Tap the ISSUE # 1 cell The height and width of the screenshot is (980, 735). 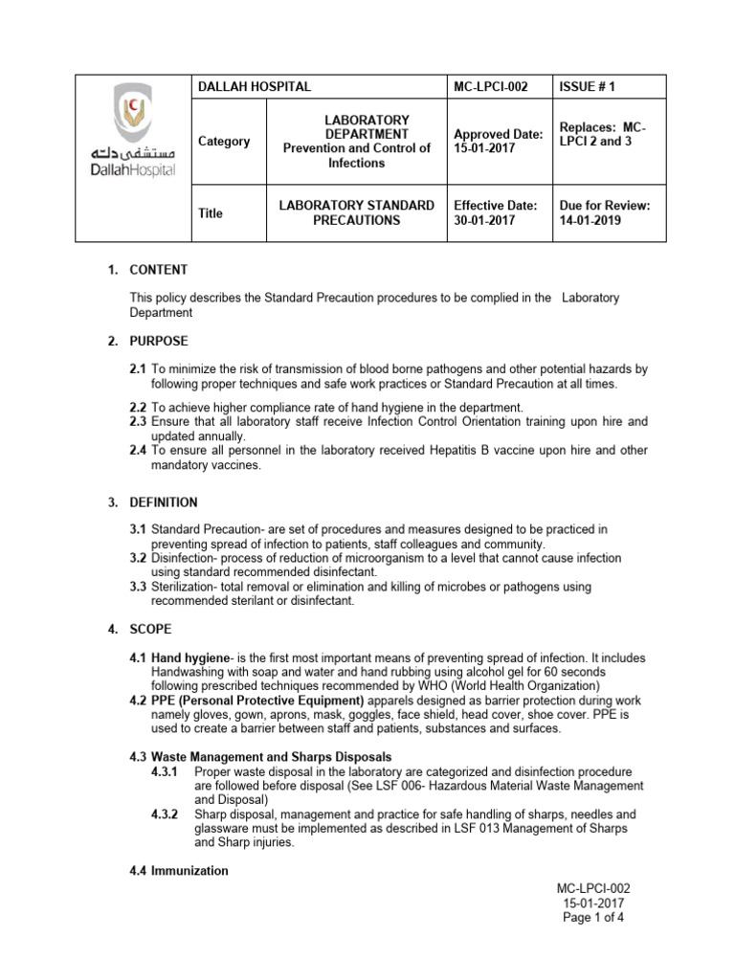[x=587, y=87]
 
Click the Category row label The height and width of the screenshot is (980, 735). [x=223, y=142]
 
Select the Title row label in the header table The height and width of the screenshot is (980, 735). [x=211, y=213]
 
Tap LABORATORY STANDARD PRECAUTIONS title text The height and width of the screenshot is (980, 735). [x=356, y=212]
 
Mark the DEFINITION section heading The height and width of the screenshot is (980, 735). [x=164, y=501]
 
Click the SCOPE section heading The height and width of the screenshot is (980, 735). [x=151, y=630]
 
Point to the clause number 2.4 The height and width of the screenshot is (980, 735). [x=138, y=450]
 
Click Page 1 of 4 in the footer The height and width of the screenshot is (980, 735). [x=594, y=916]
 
